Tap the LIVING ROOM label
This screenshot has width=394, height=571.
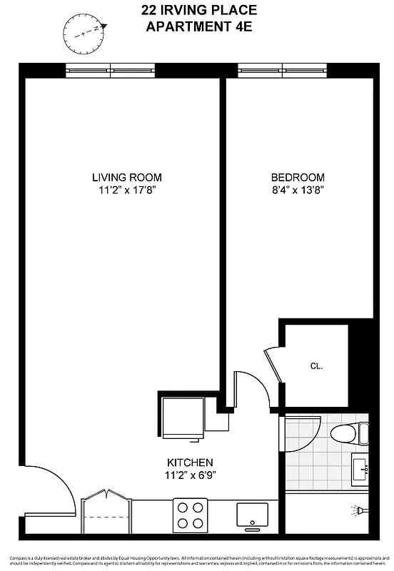[126, 178]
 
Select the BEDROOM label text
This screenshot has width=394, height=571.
[298, 178]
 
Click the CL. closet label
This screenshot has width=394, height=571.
[316, 366]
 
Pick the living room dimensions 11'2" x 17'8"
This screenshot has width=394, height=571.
[126, 191]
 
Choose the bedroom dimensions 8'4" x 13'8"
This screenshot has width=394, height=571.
[298, 191]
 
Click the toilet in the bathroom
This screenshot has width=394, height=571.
[350, 433]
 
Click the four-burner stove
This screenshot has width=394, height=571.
[191, 515]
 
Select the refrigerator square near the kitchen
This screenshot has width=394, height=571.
[182, 418]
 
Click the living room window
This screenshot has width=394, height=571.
[111, 70]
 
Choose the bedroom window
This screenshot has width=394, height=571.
[283, 70]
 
